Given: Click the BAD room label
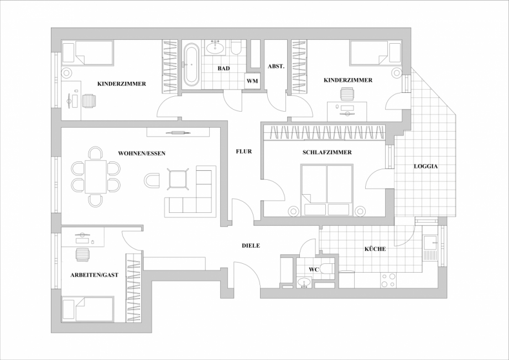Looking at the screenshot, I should click(224, 69).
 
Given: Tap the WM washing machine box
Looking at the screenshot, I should click(252, 81).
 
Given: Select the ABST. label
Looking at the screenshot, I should click(276, 66).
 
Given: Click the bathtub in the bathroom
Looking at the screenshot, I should click(191, 64).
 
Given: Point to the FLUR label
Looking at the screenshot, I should click(244, 151).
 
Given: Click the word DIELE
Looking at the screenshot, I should click(251, 246).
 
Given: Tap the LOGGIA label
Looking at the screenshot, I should click(425, 165).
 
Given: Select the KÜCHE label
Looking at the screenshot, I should click(375, 249).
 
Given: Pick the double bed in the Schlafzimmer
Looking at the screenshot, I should click(326, 189).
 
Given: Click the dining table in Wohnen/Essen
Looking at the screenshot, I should click(96, 176).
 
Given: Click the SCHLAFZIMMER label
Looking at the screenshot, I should click(327, 152).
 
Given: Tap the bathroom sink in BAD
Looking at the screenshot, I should click(215, 48).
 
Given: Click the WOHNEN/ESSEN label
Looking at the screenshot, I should click(142, 153).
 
